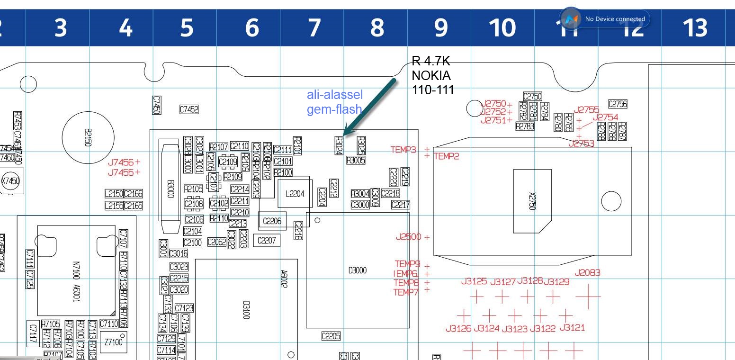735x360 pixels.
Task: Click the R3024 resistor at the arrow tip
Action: click(339, 144)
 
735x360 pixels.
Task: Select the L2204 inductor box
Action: click(295, 194)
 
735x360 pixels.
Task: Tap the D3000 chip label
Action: click(358, 270)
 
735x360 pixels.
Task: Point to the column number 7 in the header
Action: click(314, 28)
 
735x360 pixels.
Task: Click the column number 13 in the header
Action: click(695, 28)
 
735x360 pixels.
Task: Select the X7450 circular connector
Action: click(10, 181)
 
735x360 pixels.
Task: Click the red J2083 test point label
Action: click(587, 273)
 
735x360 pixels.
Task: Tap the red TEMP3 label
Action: click(403, 150)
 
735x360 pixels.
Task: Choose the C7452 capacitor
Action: click(189, 109)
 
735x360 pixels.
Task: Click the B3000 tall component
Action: click(170, 189)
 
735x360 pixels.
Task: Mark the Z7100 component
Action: click(113, 342)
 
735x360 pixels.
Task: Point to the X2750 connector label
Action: click(532, 201)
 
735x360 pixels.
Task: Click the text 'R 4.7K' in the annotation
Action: click(430, 61)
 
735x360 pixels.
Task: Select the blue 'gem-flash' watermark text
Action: click(334, 109)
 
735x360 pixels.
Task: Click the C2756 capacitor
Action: click(618, 104)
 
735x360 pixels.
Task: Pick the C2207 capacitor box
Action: click(266, 241)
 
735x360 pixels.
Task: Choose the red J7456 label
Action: click(121, 162)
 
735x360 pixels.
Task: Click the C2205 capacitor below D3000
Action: click(331, 336)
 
